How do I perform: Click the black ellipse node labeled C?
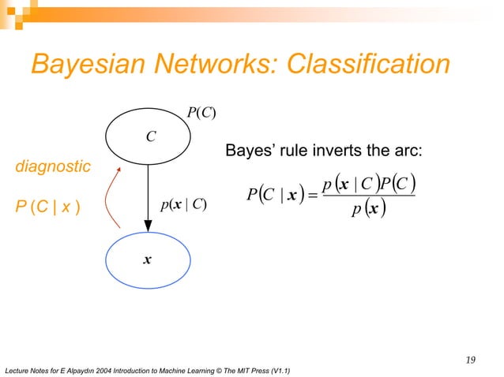pyautogui.click(x=149, y=136)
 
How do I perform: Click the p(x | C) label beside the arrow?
pyautogui.click(x=183, y=205)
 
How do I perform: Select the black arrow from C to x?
pyautogui.click(x=149, y=197)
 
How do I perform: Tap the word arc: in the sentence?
pyautogui.click(x=412, y=151)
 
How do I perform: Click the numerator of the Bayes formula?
pyautogui.click(x=369, y=185)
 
